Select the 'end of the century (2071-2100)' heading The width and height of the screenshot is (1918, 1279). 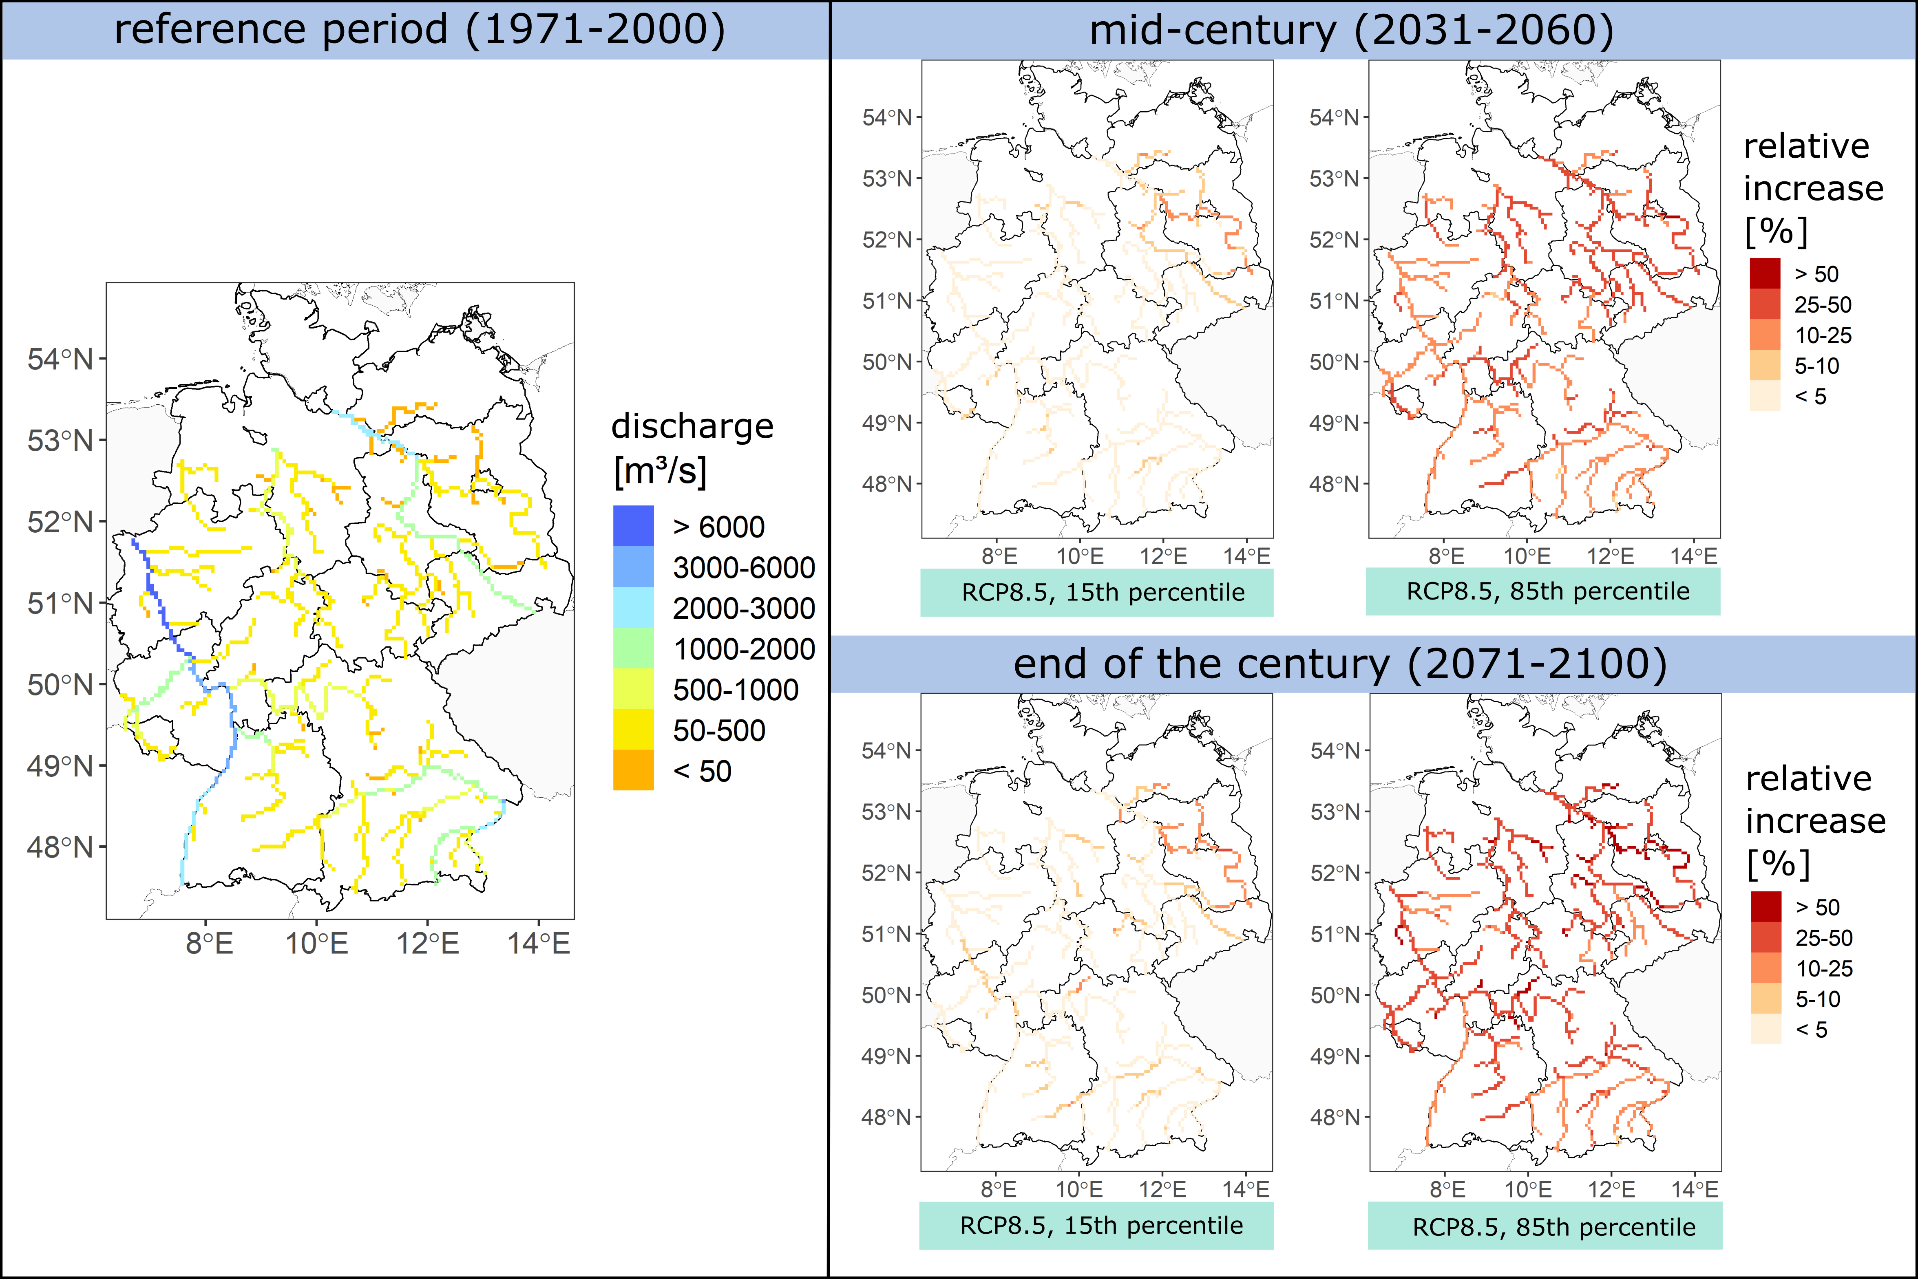[1340, 664]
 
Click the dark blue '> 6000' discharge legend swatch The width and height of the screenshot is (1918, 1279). [633, 526]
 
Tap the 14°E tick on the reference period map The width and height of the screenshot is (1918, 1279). [539, 944]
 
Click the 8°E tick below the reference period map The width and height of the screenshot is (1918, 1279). [210, 944]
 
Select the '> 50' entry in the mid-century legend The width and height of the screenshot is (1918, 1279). [1816, 274]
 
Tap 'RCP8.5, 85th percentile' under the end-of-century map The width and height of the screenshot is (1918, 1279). [1553, 1227]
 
